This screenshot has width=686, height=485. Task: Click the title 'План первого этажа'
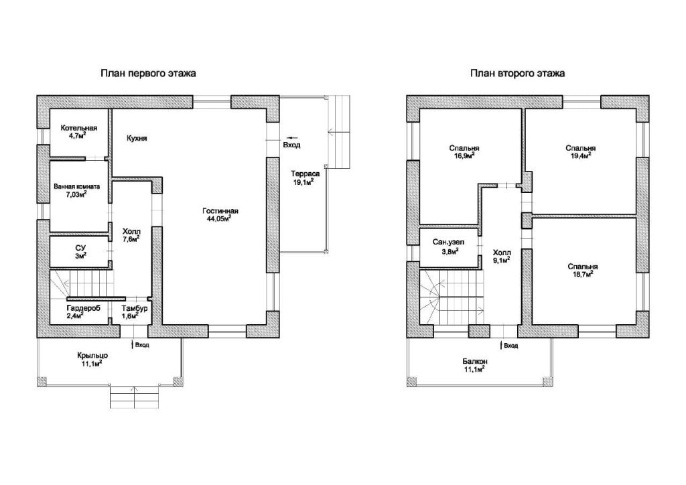(x=148, y=73)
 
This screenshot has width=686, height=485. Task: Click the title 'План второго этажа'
(x=518, y=73)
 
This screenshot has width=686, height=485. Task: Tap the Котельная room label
(x=79, y=128)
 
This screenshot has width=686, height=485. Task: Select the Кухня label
(x=137, y=138)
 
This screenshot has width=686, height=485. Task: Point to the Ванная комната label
(x=76, y=186)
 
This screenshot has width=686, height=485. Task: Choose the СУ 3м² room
(x=80, y=252)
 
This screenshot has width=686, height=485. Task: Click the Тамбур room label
(x=134, y=308)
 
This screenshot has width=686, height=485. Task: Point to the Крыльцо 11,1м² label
(x=92, y=359)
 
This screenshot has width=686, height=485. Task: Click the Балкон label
(x=475, y=362)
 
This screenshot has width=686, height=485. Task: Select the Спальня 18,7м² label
(x=583, y=270)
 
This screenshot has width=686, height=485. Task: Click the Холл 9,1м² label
(x=501, y=257)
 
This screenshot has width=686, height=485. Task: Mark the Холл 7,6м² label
(x=131, y=235)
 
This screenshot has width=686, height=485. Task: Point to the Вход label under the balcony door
(x=510, y=346)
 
